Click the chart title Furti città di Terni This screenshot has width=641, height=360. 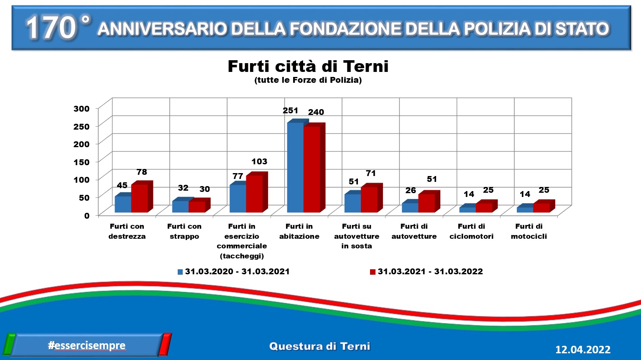coord(308,66)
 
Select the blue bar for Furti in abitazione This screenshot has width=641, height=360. coord(295,167)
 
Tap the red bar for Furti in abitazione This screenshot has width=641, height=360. coord(312,169)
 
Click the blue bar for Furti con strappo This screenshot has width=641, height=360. coord(180,207)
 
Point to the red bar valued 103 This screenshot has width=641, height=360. coord(254,194)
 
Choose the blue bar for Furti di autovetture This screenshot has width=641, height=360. coord(410,208)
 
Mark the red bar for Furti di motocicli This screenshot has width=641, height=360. coord(541,208)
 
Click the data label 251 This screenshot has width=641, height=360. coord(290,110)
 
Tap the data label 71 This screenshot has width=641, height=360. coord(370,173)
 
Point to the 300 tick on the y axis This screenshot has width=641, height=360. coord(82,109)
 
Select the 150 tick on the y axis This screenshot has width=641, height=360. coord(82,162)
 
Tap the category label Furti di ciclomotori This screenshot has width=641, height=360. coord(471,231)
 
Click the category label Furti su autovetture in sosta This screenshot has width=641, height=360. coord(357,236)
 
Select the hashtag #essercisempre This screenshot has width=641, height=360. coord(87,345)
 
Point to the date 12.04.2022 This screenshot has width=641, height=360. coord(583,350)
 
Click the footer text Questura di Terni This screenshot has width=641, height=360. coord(320,346)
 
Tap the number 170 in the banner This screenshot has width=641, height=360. coord(51,28)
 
